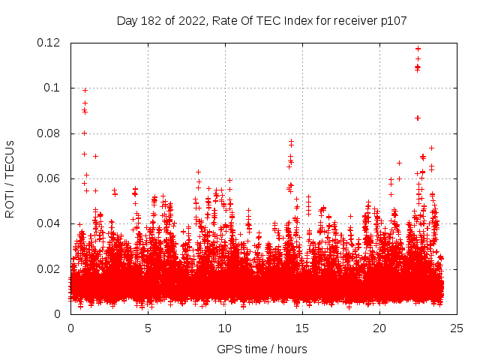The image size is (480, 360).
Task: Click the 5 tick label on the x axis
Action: (x=148, y=328)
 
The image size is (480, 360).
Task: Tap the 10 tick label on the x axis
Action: (x=225, y=328)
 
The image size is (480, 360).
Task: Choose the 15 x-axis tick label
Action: (x=302, y=328)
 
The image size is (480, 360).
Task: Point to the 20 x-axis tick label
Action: (x=379, y=328)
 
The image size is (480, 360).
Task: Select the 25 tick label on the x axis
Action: (x=457, y=328)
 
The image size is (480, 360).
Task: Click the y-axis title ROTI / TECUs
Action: (x=10, y=178)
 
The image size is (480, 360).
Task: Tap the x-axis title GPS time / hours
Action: (x=262, y=349)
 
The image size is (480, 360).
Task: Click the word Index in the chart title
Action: (x=295, y=20)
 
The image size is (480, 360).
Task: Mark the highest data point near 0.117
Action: (x=418, y=49)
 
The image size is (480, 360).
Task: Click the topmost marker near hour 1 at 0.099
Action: (x=85, y=90)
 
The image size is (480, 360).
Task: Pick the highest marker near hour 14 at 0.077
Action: (x=291, y=140)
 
